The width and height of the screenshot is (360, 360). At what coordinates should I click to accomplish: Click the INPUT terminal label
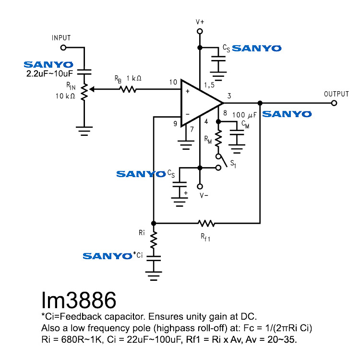61,38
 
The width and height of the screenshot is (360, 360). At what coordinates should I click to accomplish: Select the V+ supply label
200,22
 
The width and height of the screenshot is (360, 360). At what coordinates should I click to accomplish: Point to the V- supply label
204,195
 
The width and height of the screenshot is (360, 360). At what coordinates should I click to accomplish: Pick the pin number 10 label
173,83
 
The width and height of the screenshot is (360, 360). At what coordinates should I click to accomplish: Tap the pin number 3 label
229,96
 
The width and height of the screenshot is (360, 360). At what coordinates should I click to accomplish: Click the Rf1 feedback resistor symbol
207,223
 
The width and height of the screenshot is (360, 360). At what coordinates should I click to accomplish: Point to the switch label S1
233,164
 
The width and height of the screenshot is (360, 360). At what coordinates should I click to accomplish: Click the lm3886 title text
78,301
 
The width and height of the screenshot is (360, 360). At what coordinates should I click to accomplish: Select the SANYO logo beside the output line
287,114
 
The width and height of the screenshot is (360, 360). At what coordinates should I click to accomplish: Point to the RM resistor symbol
219,139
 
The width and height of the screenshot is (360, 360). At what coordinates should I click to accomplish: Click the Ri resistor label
142,233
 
